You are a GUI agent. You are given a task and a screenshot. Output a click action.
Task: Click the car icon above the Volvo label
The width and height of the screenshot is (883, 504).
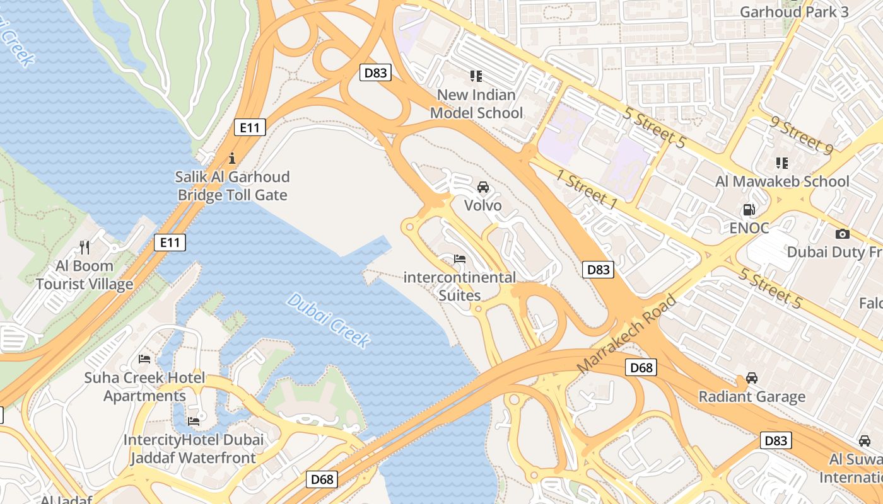pyautogui.click(x=482, y=187)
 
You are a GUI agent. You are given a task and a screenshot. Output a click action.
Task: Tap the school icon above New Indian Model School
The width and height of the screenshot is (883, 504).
pyautogui.click(x=476, y=76)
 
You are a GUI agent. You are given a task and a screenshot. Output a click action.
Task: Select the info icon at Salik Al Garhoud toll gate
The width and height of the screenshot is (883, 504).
pyautogui.click(x=232, y=157)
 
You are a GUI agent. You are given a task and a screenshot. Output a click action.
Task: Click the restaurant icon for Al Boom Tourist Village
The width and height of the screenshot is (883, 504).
pyautogui.click(x=85, y=247)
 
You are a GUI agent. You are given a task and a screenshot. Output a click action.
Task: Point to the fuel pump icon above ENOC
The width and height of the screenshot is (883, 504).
pyautogui.click(x=749, y=210)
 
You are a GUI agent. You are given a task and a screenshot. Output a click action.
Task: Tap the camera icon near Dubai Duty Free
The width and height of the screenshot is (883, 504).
pyautogui.click(x=842, y=234)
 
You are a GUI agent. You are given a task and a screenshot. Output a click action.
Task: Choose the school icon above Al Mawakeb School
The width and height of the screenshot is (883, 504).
pyautogui.click(x=782, y=163)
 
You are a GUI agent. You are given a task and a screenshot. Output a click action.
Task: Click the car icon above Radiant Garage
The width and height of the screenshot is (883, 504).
pyautogui.click(x=752, y=378)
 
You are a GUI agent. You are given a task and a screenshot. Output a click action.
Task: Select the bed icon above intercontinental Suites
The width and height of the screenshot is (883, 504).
pyautogui.click(x=460, y=259)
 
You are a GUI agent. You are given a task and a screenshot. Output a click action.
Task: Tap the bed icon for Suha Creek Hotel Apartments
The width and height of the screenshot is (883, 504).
pyautogui.click(x=144, y=359)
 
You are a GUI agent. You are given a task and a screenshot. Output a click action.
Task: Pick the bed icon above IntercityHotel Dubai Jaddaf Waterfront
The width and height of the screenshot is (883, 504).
pyautogui.click(x=194, y=421)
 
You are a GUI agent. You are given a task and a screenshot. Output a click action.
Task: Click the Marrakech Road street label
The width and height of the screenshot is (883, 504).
pyautogui.click(x=626, y=333)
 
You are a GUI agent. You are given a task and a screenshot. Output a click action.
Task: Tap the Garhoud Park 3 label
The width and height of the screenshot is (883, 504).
pyautogui.click(x=793, y=12)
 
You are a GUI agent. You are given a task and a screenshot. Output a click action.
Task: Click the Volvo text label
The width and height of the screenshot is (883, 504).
pyautogui.click(x=482, y=205)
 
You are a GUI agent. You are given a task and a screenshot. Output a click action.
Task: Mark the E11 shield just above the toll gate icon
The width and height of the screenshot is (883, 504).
pyautogui.click(x=250, y=127)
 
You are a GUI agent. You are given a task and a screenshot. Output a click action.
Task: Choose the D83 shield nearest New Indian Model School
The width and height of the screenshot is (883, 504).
pyautogui.click(x=375, y=72)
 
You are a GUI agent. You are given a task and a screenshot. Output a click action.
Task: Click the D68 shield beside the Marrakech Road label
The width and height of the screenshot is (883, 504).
pyautogui.click(x=641, y=367)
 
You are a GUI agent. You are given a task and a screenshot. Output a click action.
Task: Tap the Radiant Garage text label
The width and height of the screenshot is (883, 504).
pyautogui.click(x=752, y=397)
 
